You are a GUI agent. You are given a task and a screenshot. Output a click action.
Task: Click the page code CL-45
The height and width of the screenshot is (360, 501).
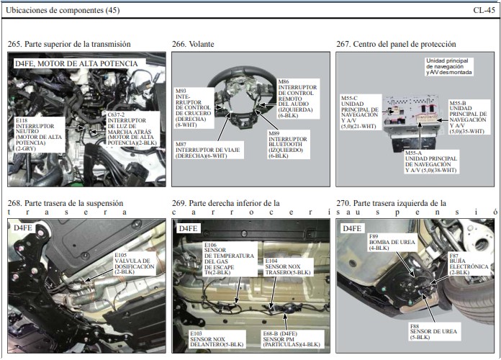(484, 10)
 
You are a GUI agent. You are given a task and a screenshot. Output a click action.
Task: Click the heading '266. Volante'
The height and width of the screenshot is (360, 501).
(193, 44)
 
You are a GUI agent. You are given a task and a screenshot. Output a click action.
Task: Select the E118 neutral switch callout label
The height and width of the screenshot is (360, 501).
(40, 135)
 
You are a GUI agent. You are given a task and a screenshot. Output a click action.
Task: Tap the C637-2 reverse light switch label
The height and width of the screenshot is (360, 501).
(132, 129)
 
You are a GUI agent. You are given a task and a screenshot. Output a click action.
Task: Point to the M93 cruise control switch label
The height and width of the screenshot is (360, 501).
(194, 108)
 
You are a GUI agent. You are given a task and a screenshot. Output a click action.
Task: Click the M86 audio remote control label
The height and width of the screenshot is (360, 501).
(298, 99)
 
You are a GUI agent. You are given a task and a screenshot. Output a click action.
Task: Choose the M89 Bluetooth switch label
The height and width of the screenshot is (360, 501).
(288, 145)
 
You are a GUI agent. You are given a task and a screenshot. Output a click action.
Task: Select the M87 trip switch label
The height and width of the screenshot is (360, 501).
(208, 150)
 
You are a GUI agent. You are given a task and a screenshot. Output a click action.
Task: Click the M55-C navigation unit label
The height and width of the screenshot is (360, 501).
(361, 112)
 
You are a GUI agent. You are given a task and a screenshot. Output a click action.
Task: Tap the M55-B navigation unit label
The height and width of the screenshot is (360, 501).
(469, 117)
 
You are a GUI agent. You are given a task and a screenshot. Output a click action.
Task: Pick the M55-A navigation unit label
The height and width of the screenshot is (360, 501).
(431, 162)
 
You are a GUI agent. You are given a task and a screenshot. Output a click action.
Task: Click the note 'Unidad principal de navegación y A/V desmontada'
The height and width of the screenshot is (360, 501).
(449, 66)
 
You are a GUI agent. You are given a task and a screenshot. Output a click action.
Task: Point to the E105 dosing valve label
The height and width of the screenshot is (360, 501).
(135, 264)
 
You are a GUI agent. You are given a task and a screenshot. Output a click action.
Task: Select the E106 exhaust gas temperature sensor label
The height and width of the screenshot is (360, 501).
(230, 258)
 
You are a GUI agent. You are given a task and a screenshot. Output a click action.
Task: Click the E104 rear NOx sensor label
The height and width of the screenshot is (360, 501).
(288, 266)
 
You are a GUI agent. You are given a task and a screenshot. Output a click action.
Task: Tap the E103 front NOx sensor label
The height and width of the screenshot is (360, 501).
(217, 339)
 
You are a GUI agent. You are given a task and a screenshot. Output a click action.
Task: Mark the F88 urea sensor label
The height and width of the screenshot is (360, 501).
(433, 332)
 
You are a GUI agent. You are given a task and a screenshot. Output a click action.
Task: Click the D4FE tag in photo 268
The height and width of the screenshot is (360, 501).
(23, 228)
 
